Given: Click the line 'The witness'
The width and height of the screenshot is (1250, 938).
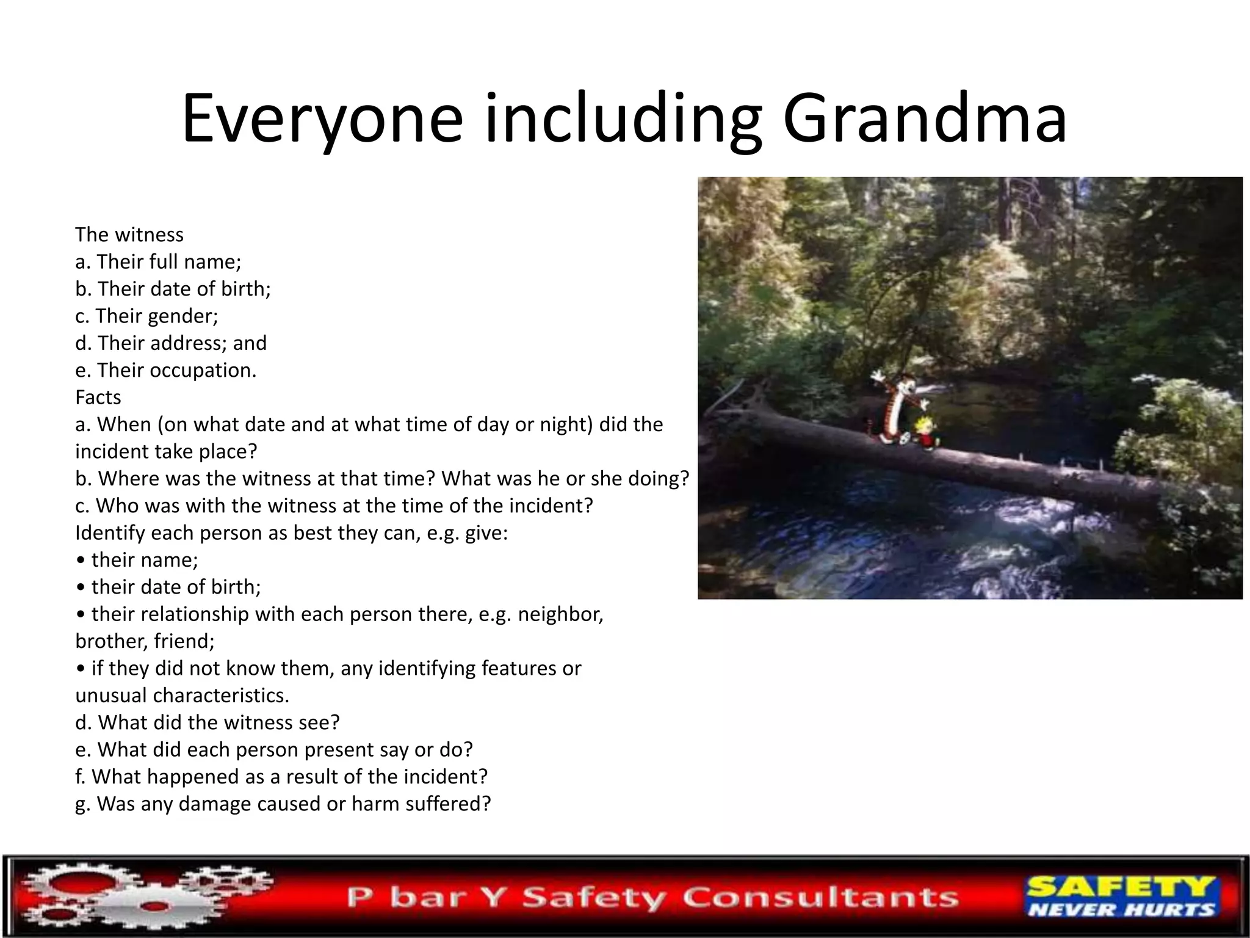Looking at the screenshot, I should (129, 234).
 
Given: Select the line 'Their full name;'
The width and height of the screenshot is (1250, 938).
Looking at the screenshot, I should (158, 261).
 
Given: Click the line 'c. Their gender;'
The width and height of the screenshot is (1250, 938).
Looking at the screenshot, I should (146, 316).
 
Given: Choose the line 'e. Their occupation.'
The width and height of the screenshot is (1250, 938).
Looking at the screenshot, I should (166, 370).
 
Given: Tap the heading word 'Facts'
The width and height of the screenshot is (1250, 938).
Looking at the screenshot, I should (98, 397).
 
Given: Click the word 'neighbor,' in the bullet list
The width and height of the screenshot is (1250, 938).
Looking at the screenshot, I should (560, 614).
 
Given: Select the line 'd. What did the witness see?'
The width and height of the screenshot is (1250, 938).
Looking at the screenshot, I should (207, 722).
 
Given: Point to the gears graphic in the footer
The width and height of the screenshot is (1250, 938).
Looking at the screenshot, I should (146, 896).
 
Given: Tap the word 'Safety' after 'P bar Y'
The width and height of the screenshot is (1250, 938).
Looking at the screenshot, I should (591, 897).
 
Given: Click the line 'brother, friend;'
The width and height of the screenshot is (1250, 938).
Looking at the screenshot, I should (145, 641).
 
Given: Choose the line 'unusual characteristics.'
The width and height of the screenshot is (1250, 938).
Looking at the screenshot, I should (182, 696).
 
